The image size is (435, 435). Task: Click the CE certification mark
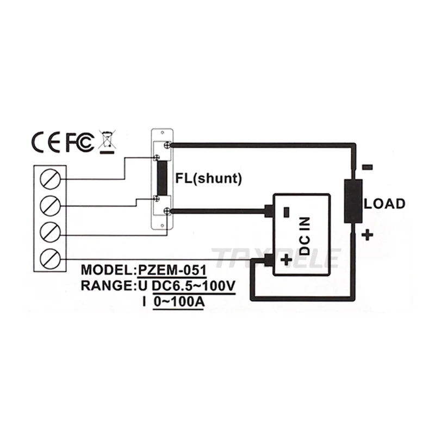click(46, 142)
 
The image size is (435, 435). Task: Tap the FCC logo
click(80, 142)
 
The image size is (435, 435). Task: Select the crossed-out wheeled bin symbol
click(107, 142)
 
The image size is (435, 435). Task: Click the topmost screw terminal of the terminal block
click(50, 179)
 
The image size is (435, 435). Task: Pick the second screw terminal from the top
click(50, 206)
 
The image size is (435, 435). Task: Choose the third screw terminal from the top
click(50, 232)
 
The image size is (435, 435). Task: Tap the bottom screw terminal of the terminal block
click(50, 259)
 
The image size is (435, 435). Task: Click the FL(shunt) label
click(209, 178)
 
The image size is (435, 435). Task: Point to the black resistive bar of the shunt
click(162, 178)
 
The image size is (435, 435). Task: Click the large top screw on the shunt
click(167, 145)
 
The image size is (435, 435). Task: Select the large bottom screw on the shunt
click(167, 212)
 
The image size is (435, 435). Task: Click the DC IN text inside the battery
click(304, 236)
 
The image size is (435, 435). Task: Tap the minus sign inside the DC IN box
click(287, 212)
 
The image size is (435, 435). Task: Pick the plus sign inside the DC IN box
click(287, 260)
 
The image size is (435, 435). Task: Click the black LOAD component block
click(353, 201)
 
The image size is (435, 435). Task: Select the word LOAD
click(384, 204)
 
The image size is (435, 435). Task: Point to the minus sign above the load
click(368, 167)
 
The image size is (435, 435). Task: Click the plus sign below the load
click(368, 235)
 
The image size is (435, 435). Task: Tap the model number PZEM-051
click(172, 270)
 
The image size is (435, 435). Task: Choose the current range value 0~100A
click(179, 302)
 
